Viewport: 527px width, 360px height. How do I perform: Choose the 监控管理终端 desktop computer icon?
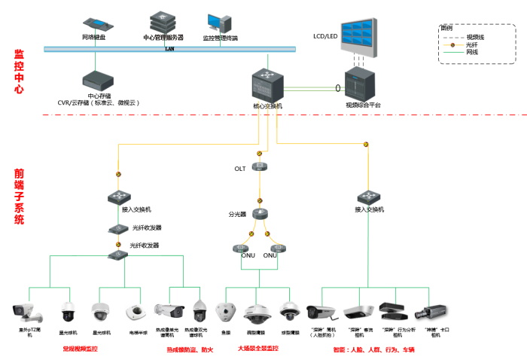(x=220, y=22)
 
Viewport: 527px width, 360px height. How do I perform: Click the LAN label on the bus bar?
(x=169, y=49)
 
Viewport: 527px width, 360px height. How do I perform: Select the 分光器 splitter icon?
(x=259, y=215)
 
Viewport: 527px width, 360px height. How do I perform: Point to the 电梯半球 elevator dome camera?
(x=135, y=311)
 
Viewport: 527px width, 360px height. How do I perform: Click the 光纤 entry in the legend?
(x=471, y=44)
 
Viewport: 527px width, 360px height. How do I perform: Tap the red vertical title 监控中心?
(x=19, y=72)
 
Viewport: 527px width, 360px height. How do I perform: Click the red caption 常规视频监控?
(x=80, y=349)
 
